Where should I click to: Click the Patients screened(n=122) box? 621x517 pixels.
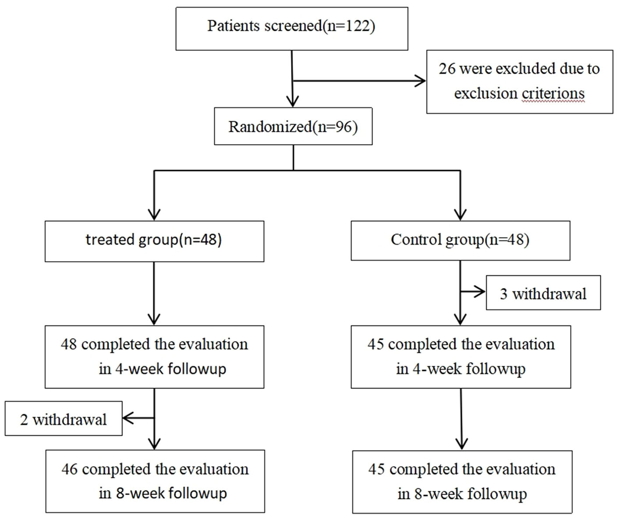click(291, 28)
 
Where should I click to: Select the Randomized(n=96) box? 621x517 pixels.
click(293, 127)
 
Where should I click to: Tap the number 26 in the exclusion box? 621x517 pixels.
click(447, 69)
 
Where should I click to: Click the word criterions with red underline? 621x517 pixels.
click(553, 93)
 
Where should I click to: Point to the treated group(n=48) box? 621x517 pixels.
click(154, 241)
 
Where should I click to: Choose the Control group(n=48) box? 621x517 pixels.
click(460, 240)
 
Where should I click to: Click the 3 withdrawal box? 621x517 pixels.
click(543, 293)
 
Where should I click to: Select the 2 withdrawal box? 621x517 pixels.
click(64, 419)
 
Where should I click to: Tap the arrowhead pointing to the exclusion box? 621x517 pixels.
click(421, 81)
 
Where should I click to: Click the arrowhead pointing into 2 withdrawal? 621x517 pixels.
click(128, 418)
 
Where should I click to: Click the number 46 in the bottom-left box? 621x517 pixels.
click(70, 469)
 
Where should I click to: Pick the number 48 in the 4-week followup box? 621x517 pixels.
click(69, 344)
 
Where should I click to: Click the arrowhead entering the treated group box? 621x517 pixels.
click(154, 215)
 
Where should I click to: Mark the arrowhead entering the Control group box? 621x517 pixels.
click(460, 215)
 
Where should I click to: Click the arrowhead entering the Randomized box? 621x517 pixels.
click(292, 102)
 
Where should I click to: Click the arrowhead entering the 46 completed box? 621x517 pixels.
click(154, 444)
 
